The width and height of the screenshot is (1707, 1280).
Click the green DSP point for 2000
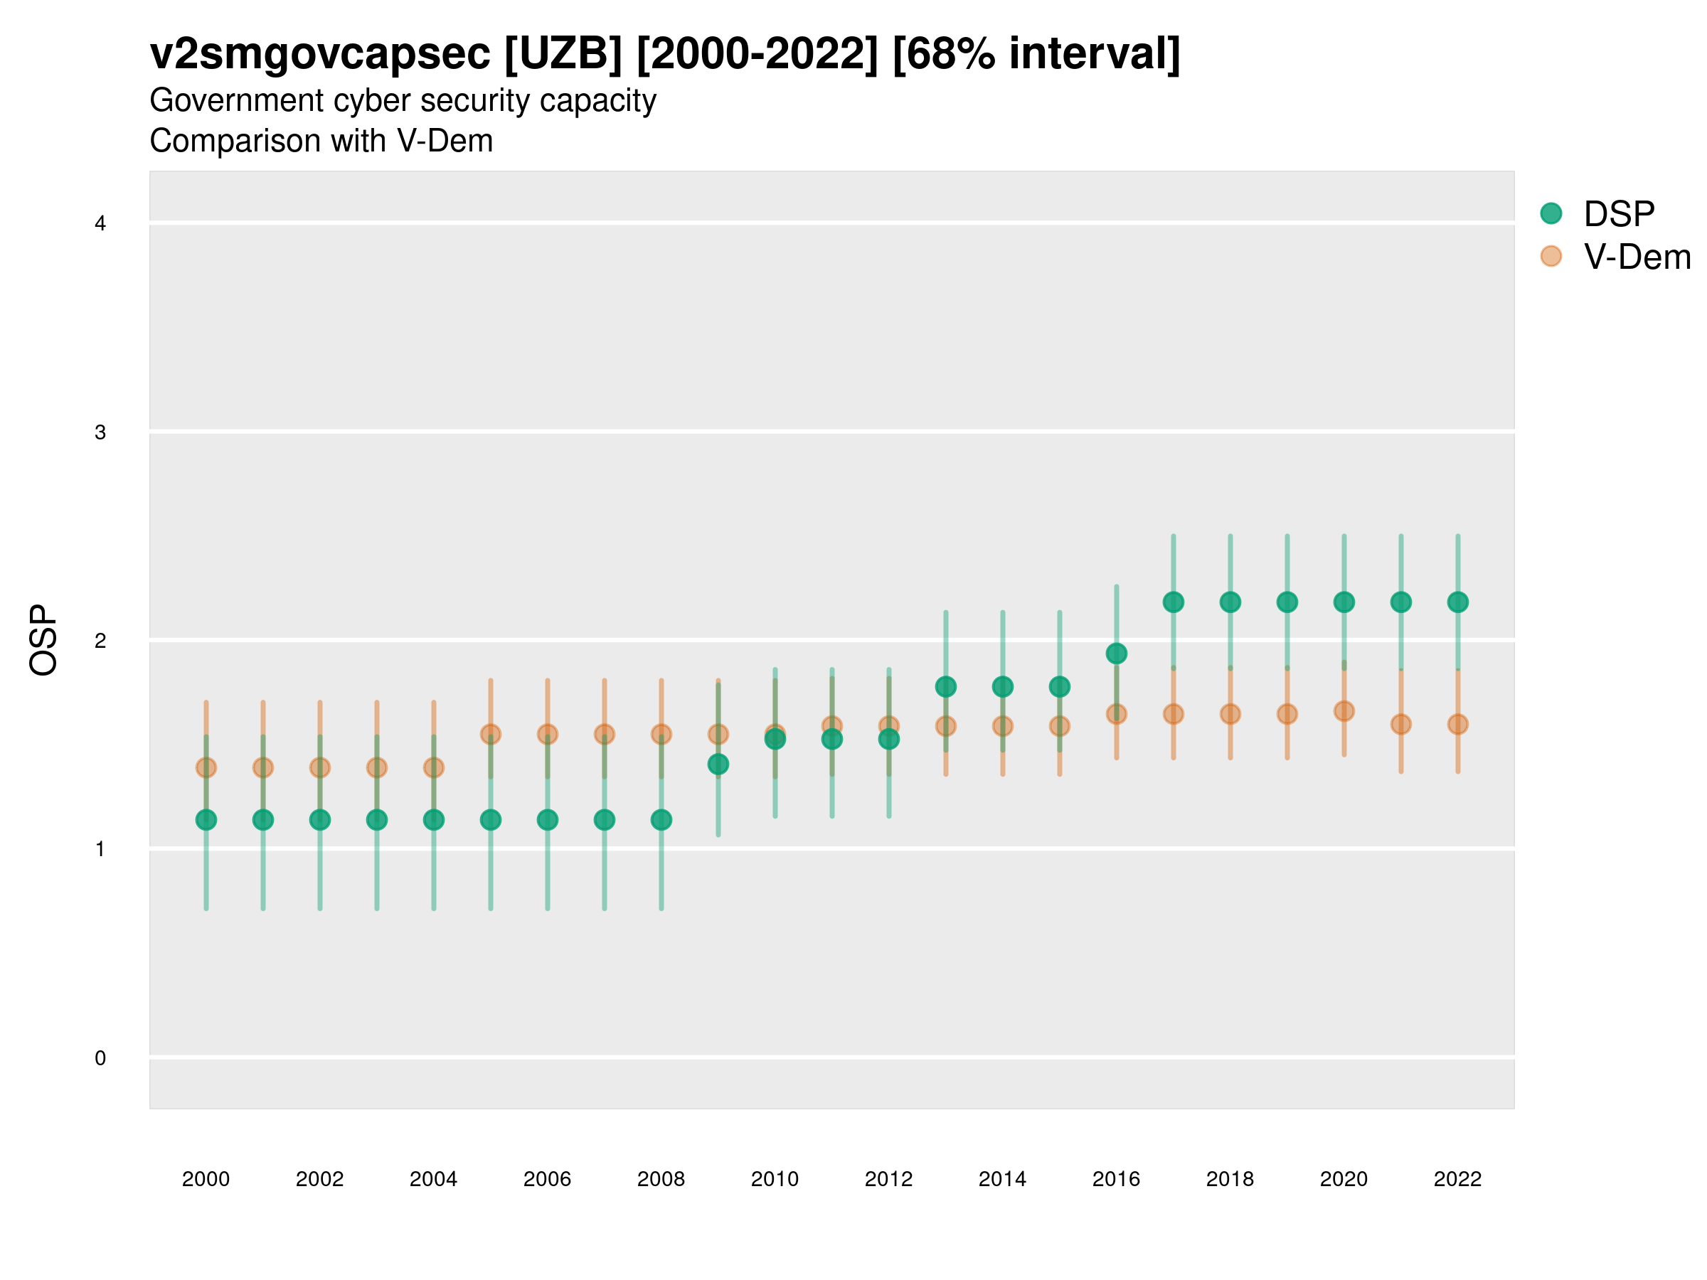(x=206, y=819)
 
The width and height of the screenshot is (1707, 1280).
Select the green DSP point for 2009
(x=718, y=764)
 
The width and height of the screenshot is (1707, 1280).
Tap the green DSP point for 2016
(x=1116, y=654)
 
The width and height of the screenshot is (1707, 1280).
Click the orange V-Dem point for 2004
(x=434, y=768)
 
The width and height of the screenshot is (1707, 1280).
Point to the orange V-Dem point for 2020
(x=1344, y=710)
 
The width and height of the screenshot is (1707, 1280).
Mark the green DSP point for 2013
(x=945, y=686)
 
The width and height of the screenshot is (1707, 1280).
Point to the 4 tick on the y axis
(x=100, y=224)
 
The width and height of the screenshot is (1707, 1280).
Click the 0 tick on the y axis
(x=100, y=1058)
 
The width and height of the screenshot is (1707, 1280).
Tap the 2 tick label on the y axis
(x=100, y=641)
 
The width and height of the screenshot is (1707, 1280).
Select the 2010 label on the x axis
(x=775, y=1179)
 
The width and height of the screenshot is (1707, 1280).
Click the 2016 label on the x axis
(x=1116, y=1179)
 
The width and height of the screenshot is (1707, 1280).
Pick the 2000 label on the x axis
(x=206, y=1179)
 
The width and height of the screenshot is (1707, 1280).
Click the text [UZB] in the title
(x=563, y=54)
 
